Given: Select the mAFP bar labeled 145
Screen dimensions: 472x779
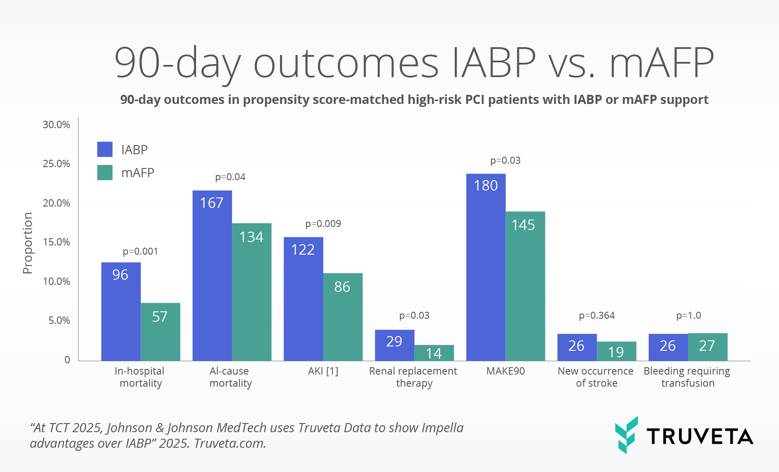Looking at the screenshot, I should [x=525, y=286].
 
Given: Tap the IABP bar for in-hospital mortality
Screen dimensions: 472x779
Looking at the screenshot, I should [x=121, y=311].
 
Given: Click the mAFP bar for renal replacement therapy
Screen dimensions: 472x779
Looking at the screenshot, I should [x=434, y=353].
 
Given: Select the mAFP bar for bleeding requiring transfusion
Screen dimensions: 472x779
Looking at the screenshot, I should [x=708, y=347].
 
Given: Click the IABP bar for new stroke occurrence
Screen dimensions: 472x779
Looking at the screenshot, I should [x=577, y=347].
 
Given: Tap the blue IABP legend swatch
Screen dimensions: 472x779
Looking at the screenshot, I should [x=105, y=149].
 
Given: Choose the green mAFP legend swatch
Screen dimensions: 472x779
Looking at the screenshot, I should [x=105, y=172].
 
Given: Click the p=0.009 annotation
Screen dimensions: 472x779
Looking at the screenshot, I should [x=323, y=224].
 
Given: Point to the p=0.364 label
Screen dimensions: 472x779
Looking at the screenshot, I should [x=597, y=316].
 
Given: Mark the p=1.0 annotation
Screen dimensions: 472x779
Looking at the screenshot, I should [x=689, y=316].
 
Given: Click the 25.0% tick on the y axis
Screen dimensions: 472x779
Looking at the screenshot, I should [x=56, y=164].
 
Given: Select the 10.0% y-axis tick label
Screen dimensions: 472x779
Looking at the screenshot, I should [x=56, y=282].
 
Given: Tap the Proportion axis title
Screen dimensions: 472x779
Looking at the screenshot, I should [x=28, y=243].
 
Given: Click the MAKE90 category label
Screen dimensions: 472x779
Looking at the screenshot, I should [x=505, y=371].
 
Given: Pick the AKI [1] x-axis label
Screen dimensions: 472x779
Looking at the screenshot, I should [x=323, y=371].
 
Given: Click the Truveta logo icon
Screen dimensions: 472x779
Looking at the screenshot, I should [x=626, y=435].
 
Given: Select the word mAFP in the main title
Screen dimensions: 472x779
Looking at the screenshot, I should [x=661, y=63].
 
